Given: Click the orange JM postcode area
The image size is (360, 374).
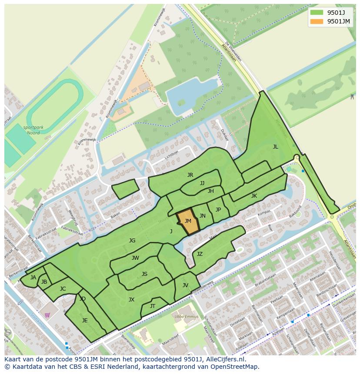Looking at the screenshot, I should (188, 222).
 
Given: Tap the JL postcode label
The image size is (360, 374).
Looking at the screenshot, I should (275, 147).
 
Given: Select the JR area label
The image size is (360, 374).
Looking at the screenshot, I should (190, 175).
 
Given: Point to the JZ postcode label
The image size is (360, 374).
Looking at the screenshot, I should (200, 254).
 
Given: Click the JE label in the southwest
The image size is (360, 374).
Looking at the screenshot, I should (85, 321).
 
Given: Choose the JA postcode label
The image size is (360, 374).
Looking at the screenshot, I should (33, 278).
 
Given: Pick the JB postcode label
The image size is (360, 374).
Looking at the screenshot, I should (44, 282).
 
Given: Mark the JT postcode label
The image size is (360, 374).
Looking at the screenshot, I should (153, 306).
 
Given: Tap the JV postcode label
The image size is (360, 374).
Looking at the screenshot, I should (185, 285).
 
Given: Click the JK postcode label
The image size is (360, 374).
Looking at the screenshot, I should (254, 196).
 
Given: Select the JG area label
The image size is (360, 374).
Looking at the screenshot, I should (132, 241).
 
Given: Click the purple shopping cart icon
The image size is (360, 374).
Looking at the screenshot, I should (47, 315).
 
